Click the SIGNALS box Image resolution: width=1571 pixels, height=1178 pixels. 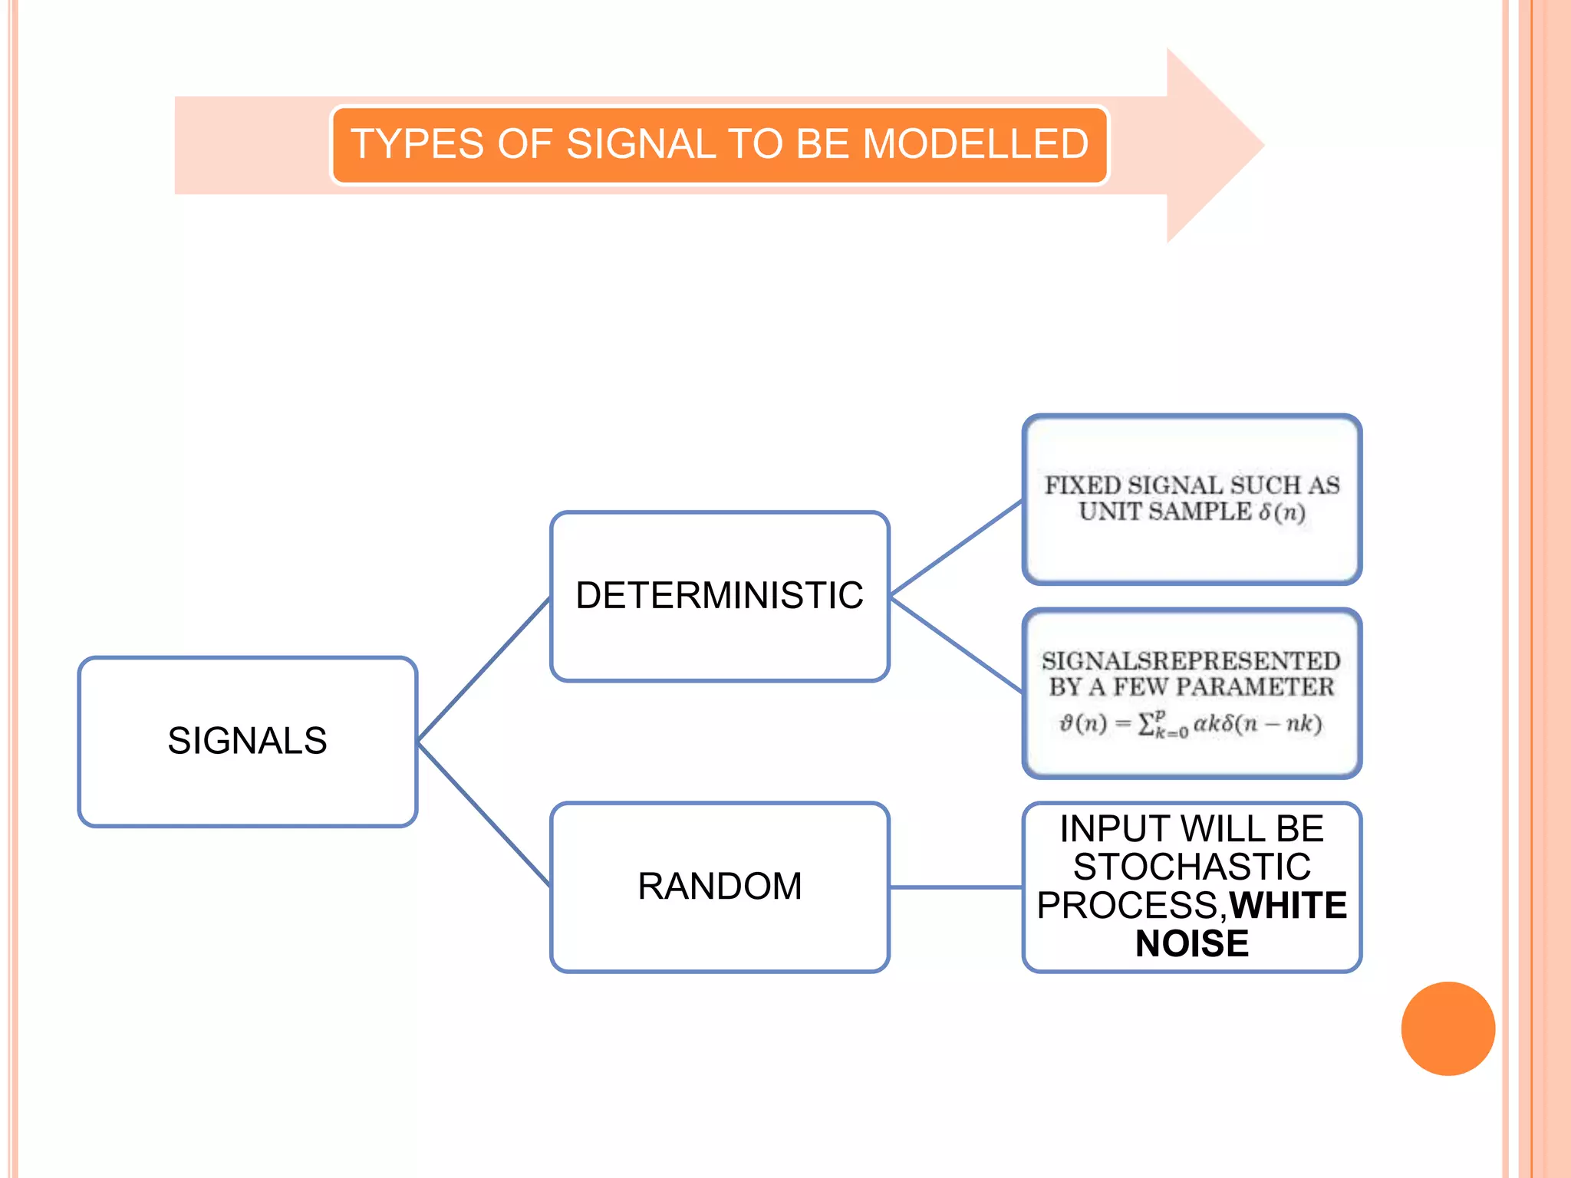point(247,741)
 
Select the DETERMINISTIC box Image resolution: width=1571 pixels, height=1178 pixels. point(720,596)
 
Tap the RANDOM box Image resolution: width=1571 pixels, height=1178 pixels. point(720,887)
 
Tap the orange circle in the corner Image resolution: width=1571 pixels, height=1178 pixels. point(1447,1028)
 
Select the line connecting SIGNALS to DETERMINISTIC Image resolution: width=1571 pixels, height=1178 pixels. point(483,670)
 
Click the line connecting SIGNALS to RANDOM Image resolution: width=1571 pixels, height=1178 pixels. point(483,814)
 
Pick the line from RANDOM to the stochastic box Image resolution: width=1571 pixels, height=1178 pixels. point(956,887)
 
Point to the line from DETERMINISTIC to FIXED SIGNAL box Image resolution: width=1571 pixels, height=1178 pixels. point(956,548)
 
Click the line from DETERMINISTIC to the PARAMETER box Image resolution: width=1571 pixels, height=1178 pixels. point(956,644)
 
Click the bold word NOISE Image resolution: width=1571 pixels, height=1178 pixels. point(1192,943)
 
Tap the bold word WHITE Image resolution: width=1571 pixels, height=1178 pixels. point(1288,906)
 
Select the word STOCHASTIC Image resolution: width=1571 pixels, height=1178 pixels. point(1192,867)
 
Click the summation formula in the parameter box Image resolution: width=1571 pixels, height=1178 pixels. point(1191,725)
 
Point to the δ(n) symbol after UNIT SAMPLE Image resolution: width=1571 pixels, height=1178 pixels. point(1283,512)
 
